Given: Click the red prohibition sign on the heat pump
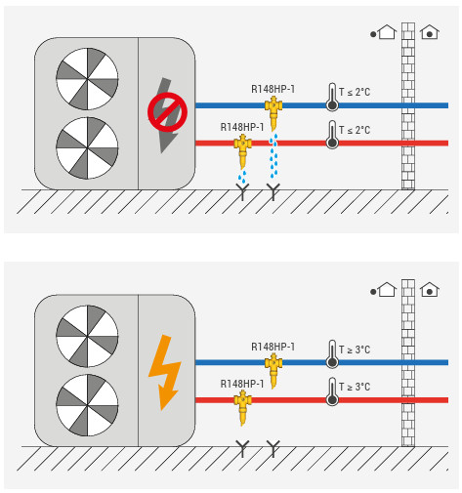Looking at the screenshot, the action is pos(167,112).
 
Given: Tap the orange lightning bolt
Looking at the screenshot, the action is pos(165,372).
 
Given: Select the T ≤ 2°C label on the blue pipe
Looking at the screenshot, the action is pos(355,92).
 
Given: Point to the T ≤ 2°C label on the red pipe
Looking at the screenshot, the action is pos(355,130).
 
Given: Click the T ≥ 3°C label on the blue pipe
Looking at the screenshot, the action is pos(355,349).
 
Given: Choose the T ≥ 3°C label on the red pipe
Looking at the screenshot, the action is pos(355,387).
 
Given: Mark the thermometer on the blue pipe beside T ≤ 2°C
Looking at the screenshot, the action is pos(332,97).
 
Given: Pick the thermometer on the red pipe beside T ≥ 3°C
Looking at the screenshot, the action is pos(332,391).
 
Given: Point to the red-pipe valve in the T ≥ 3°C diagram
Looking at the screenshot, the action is pos(242,408).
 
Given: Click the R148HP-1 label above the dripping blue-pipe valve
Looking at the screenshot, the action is pos(273,89).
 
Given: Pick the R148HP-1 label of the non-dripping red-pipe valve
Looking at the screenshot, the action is pos(242,384).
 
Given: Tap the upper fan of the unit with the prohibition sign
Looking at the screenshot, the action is pos(87,79).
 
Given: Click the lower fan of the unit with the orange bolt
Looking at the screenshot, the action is pos(87,405).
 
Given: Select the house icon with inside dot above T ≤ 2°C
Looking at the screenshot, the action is pos(430,32).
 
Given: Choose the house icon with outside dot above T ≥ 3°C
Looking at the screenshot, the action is pos(384,289).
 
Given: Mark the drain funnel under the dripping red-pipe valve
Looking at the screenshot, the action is pos(242,191).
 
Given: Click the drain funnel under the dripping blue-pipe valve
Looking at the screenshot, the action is pos(273,191).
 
